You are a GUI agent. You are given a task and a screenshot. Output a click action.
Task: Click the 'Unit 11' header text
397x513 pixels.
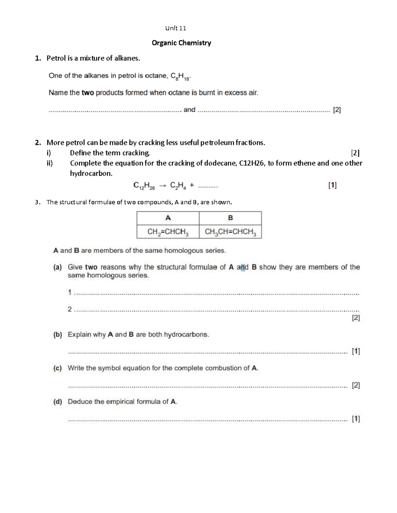click(x=175, y=28)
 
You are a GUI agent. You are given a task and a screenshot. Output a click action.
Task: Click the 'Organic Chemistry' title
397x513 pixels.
click(x=181, y=43)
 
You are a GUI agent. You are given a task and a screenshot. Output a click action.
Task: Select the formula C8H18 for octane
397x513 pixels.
click(x=180, y=77)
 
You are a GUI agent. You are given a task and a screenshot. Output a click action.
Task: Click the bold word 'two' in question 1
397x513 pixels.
click(x=88, y=93)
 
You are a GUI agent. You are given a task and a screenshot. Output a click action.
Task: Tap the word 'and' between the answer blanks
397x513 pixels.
click(x=189, y=110)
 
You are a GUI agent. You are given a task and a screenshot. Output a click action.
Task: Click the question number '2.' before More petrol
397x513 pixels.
click(x=38, y=143)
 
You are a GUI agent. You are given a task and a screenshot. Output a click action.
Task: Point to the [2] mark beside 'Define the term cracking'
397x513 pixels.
click(x=355, y=153)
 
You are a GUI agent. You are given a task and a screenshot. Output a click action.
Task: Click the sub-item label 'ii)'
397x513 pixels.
click(x=49, y=163)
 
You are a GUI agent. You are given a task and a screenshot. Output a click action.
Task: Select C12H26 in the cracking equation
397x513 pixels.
click(x=144, y=186)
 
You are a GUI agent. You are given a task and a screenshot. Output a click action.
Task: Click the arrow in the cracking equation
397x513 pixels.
click(x=162, y=186)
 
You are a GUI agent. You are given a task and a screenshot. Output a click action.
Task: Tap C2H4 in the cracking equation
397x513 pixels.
click(x=178, y=186)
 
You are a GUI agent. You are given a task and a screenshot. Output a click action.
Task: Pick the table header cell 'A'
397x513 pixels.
click(x=168, y=218)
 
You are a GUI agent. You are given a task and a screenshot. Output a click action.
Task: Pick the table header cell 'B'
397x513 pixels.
click(x=230, y=218)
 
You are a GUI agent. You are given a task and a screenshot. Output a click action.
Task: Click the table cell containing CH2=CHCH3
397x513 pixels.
click(x=168, y=232)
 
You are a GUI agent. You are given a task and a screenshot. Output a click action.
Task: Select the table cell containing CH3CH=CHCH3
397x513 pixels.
click(x=230, y=232)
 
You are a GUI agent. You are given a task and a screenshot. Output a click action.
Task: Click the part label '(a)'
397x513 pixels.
click(x=58, y=267)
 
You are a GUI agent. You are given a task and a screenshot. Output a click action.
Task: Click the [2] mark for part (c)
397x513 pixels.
click(x=356, y=385)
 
